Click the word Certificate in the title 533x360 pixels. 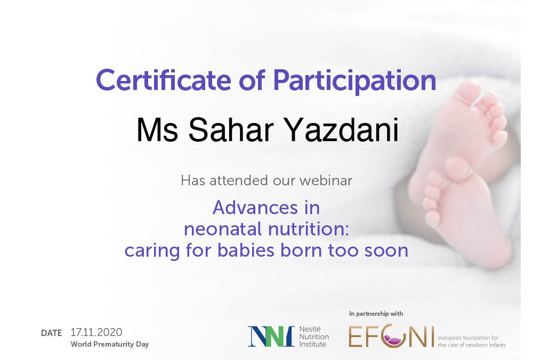(164, 80)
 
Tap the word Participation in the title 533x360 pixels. (354, 81)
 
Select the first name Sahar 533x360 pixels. (231, 130)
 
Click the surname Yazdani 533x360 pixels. (341, 130)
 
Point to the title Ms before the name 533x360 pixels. (157, 130)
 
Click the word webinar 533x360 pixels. (326, 181)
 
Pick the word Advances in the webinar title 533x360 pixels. (255, 208)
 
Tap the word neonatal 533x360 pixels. (224, 229)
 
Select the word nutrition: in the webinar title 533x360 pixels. (309, 229)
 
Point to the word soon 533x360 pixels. (386, 251)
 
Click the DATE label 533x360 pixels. (51, 333)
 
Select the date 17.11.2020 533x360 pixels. (96, 332)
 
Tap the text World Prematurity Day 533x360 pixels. (110, 344)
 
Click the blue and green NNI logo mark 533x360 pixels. (271, 336)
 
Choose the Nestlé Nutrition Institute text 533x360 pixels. (314, 337)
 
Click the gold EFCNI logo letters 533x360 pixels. (391, 336)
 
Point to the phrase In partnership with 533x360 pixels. (376, 314)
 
